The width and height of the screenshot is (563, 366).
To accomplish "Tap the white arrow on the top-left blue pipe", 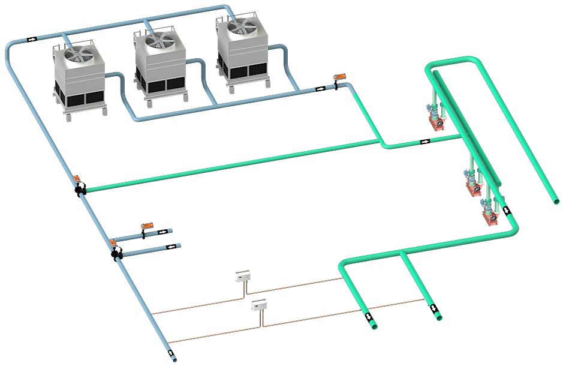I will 32,39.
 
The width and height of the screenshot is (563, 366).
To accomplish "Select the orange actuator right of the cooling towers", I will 339,77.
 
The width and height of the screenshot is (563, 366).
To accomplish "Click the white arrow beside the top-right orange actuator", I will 321,88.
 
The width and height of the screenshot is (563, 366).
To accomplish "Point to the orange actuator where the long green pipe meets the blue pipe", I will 77,179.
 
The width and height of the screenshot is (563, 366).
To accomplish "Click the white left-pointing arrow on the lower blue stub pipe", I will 171,246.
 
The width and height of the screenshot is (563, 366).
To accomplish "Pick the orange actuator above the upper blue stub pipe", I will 146,226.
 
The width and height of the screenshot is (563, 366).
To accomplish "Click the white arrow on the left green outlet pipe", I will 368,316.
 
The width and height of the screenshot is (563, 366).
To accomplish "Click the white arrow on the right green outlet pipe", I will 434,308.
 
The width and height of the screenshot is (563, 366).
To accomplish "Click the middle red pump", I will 474,187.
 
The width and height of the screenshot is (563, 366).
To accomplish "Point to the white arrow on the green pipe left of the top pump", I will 424,142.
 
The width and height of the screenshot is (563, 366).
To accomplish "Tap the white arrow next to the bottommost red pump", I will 507,211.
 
